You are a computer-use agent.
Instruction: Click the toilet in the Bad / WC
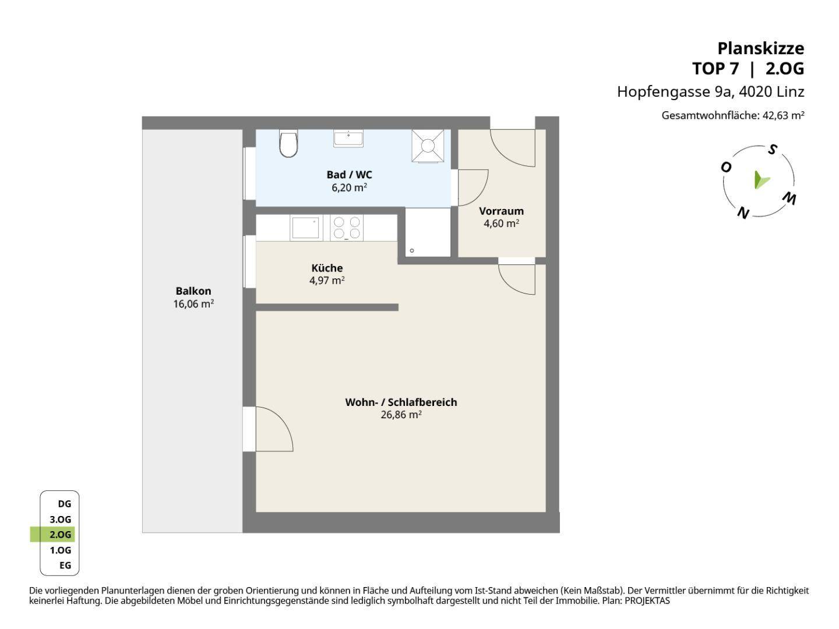288,143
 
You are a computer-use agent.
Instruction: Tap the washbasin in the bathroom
348,138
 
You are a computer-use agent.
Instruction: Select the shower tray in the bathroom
428,146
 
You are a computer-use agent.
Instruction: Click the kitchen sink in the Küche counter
306,228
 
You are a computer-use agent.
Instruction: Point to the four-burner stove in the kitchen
347,228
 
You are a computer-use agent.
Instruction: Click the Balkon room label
193,291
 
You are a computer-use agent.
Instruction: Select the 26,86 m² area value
401,415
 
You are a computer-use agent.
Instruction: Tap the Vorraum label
502,211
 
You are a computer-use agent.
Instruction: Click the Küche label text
327,268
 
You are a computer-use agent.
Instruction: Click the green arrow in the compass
761,180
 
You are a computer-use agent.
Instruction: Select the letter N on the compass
743,213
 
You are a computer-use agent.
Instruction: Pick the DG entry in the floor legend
65,504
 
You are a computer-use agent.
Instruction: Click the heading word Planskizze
761,48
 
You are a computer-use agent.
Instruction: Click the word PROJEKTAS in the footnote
647,600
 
